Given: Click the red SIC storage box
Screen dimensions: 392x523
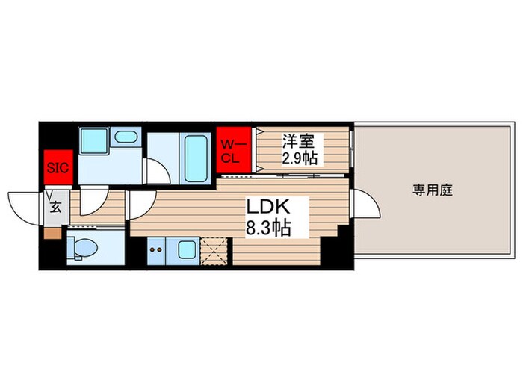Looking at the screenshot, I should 58,167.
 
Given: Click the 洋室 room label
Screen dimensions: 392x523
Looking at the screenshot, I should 294,140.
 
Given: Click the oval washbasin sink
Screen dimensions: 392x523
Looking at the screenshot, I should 128,137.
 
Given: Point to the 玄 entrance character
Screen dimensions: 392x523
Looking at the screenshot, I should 55,208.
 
